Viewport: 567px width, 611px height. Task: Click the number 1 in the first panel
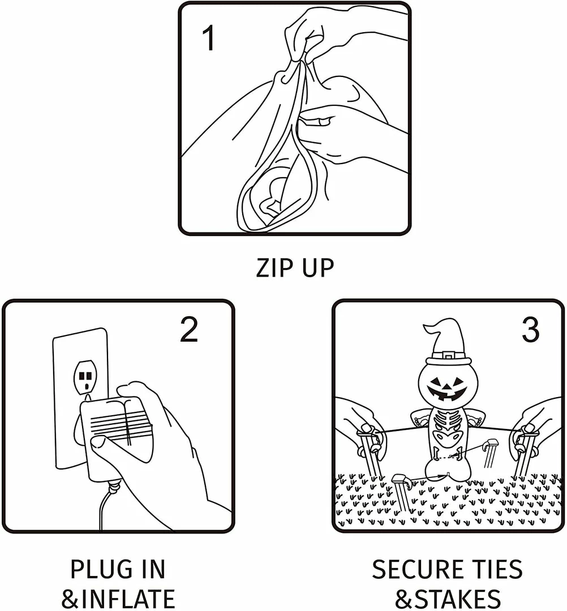coord(209,38)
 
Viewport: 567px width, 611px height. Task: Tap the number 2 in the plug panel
coord(189,329)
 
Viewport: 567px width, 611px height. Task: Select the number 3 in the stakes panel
coord(530,329)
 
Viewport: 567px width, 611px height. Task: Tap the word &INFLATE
coord(118,599)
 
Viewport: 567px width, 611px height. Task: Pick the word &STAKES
coord(448,599)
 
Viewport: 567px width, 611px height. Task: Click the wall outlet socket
coord(85,376)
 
